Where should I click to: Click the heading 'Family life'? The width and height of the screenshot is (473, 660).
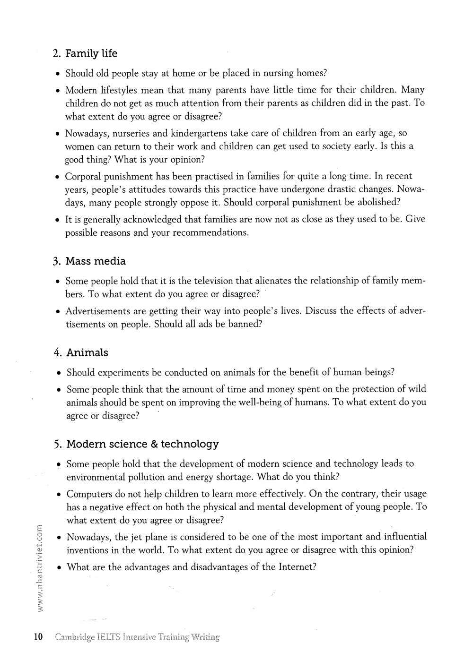pos(91,54)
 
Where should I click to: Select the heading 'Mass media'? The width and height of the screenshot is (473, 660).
pos(96,261)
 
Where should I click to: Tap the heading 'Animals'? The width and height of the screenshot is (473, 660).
pos(87,353)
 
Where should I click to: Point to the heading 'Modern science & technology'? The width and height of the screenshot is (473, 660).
pos(142,444)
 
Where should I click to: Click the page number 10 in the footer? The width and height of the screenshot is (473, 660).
pos(38,637)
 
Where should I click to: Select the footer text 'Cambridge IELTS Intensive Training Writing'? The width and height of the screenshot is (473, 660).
pos(137,637)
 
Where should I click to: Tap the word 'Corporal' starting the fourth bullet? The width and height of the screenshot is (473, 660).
pos(84,176)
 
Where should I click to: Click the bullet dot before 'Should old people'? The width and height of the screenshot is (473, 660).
pos(57,74)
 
